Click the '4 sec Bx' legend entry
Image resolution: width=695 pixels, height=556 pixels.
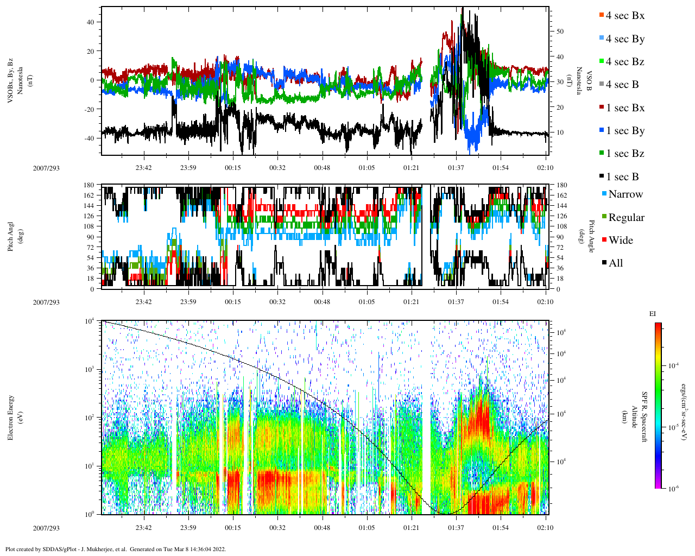point(624,16)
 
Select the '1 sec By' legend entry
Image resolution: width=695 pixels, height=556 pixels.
point(625,131)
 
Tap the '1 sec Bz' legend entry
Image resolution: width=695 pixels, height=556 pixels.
point(625,154)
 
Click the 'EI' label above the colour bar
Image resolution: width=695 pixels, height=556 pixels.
point(653,313)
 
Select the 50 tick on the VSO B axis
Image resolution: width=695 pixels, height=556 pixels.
point(560,31)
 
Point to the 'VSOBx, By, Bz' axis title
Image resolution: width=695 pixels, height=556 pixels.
point(10,81)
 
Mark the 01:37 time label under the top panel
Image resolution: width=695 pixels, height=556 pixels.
point(456,168)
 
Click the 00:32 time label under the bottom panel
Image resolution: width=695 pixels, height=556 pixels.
point(277,528)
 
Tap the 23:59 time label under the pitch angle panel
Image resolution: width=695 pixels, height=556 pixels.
point(188,302)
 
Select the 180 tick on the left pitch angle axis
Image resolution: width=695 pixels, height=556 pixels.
point(89,185)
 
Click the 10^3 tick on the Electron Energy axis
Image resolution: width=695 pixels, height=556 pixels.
point(89,369)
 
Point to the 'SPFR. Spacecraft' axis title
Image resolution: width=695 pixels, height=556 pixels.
point(645,417)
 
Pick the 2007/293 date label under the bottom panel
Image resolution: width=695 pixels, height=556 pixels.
point(46,528)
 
